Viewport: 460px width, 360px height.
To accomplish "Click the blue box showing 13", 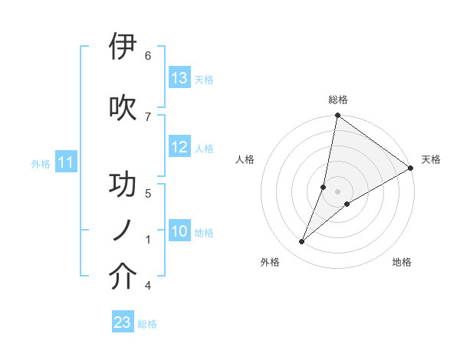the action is (179, 78).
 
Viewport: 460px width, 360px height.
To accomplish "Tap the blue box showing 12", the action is (179, 148).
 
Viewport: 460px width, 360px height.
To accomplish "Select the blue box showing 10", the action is (179, 231).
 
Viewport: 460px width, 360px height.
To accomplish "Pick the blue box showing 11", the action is (66, 162).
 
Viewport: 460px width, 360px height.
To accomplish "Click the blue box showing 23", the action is (123, 322).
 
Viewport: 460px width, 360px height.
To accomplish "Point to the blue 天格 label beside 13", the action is (204, 79).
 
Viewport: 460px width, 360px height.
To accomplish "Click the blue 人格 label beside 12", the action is (204, 149).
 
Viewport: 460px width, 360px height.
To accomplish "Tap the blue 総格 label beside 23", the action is (147, 324).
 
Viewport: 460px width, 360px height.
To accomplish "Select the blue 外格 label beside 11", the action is (41, 163).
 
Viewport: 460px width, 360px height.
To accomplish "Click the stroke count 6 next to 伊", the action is (148, 55).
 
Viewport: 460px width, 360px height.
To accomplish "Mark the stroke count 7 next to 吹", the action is (148, 116).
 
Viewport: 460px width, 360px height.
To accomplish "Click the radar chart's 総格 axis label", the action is (337, 100).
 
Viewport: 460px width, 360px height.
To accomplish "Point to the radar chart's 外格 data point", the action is (301, 242).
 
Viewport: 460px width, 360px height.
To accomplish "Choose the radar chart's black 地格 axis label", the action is (402, 262).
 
